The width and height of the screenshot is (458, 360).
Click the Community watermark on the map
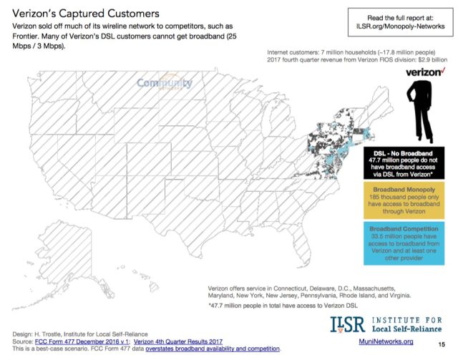[x=165, y=84]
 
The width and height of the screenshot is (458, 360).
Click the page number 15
[x=442, y=344]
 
